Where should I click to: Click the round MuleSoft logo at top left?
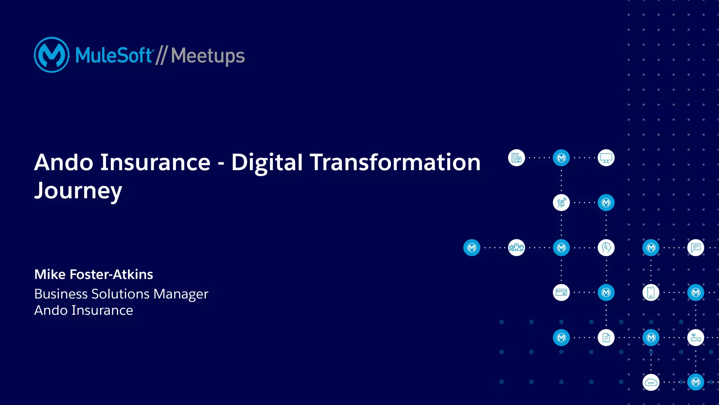[52, 55]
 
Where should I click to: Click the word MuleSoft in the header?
[113, 55]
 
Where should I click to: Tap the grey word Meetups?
[208, 56]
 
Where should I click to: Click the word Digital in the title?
[267, 163]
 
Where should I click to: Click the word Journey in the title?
[78, 191]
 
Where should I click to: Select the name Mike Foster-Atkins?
[94, 274]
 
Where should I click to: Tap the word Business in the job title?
[61, 294]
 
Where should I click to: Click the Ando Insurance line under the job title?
[84, 311]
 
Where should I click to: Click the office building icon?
[516, 158]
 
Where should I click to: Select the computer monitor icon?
[606, 158]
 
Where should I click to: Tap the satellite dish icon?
[561, 203]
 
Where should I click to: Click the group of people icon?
[516, 248]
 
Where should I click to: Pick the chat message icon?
[695, 248]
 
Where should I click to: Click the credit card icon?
[561, 293]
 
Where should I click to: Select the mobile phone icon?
[651, 293]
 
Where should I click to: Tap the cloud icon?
[651, 382]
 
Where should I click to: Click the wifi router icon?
[695, 338]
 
